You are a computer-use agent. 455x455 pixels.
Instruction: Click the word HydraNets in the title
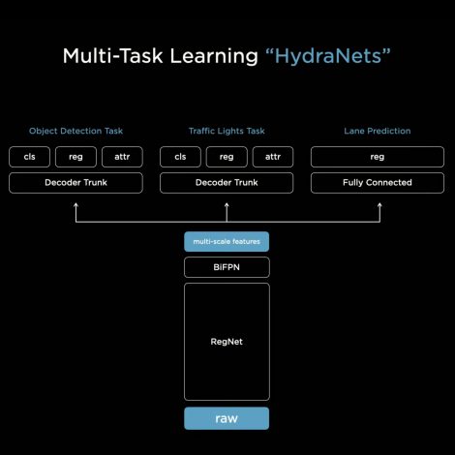[328, 56]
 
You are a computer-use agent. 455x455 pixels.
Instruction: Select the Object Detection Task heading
[76, 131]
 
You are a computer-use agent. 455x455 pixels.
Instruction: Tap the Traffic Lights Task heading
[227, 131]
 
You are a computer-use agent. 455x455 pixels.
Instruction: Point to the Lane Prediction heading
[378, 131]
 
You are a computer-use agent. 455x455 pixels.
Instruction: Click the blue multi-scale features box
[227, 241]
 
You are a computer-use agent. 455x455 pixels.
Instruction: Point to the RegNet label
[227, 342]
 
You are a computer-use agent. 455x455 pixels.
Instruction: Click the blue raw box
[227, 418]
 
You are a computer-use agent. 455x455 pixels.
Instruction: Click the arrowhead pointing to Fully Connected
[379, 204]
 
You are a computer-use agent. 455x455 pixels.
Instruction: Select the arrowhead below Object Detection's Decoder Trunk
[76, 204]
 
